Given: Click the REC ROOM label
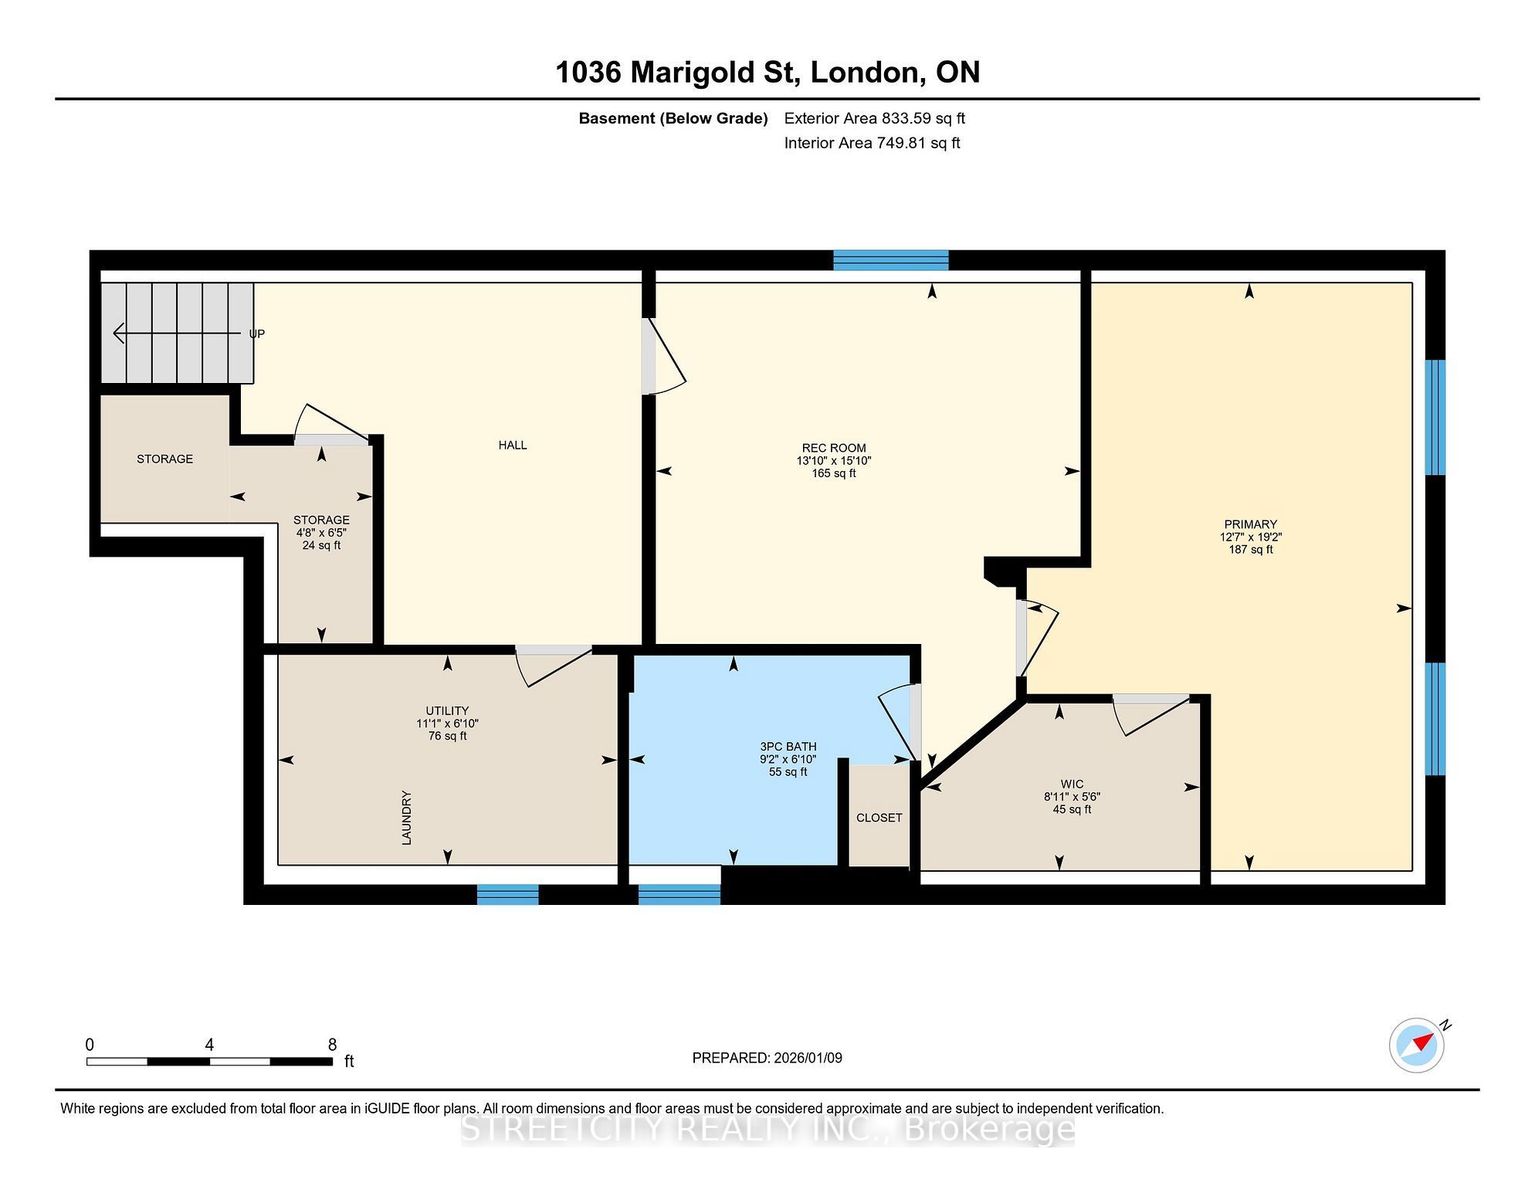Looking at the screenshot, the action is click(x=834, y=448).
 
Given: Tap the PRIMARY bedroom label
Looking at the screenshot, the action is click(x=1251, y=524).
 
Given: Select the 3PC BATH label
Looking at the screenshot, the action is click(x=788, y=747).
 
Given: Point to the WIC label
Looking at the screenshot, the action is click(x=1072, y=784).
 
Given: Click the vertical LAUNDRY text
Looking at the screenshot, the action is click(x=407, y=818).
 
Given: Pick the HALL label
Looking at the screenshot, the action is click(x=513, y=445).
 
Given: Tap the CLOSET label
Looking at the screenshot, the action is click(x=879, y=818).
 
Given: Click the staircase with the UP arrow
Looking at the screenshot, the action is click(x=178, y=333).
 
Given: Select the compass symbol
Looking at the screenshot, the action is click(x=1417, y=1045).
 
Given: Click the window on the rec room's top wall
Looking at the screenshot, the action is click(x=891, y=260).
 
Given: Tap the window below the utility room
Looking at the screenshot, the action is click(x=507, y=894).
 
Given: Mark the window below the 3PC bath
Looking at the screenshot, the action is click(x=679, y=894).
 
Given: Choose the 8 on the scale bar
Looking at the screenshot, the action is click(x=333, y=1045).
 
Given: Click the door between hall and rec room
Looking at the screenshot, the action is click(x=663, y=357).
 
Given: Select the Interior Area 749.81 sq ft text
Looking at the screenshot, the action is click(x=873, y=143).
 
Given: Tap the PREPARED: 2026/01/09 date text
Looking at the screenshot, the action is click(x=767, y=1058).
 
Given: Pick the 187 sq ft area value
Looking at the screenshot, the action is click(x=1251, y=550).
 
